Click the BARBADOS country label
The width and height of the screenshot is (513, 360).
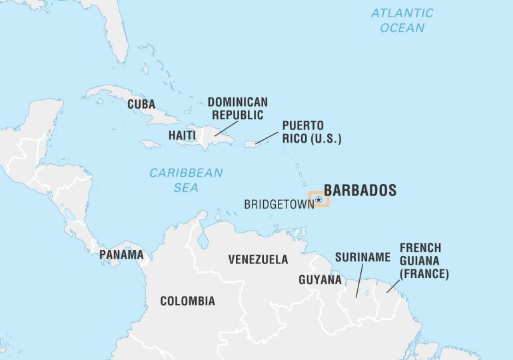coord(360,190)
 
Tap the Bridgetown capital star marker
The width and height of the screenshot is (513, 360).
coord(318,199)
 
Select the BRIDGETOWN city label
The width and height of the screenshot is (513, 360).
coord(278,204)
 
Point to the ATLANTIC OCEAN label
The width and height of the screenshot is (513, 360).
coord(402,20)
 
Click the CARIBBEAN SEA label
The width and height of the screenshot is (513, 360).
coord(186,180)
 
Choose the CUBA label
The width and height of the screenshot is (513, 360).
coord(141,105)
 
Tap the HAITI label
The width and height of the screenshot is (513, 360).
coord(182,135)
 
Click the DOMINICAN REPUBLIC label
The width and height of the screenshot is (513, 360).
coord(238,108)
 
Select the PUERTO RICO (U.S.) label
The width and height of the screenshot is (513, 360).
coord(311,132)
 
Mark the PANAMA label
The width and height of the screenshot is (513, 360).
coord(121,255)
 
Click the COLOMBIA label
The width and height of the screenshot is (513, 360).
coord(187,301)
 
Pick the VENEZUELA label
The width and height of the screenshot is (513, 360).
coord(258,259)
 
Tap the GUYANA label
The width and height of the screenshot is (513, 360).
coord(320,279)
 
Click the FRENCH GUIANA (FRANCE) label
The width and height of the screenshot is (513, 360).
coord(424,261)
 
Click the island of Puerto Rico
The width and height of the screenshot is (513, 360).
coord(251,144)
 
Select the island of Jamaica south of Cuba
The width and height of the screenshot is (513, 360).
coord(150,144)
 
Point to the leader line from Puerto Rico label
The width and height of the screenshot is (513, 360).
coord(267,137)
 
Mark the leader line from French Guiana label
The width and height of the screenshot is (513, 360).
coord(394,287)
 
